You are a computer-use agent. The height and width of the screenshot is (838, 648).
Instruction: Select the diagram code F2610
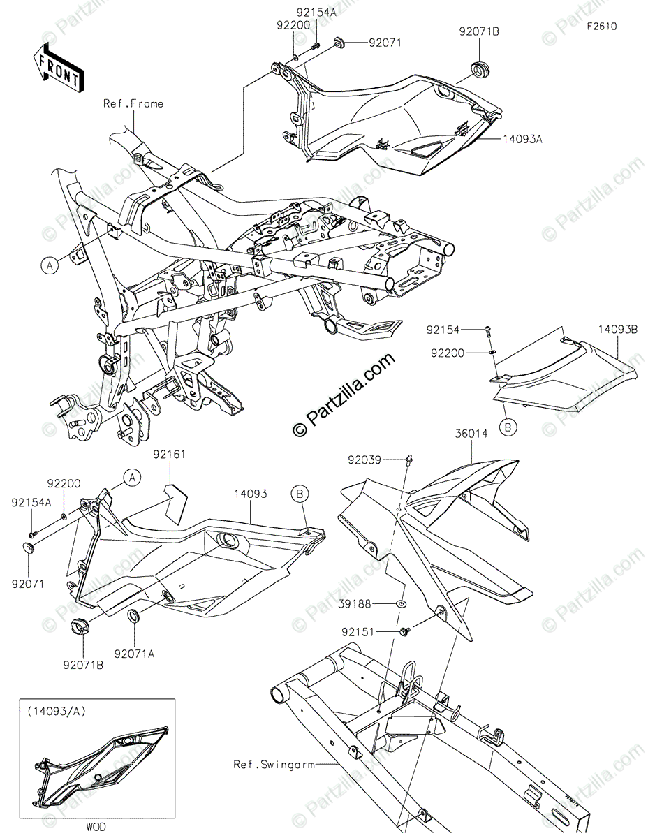(601, 27)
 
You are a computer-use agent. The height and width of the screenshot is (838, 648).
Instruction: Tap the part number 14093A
(522, 139)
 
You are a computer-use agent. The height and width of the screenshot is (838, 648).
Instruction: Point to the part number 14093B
(617, 327)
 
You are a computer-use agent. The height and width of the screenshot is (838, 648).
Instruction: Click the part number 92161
(170, 454)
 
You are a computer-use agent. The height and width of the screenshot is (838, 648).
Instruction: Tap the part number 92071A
(134, 654)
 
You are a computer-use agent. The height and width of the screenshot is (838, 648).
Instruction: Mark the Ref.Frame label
(133, 104)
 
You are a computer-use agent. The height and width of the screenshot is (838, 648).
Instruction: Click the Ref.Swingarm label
(273, 764)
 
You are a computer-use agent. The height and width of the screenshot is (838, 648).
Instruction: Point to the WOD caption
(96, 828)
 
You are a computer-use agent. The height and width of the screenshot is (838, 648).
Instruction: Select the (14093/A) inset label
(53, 712)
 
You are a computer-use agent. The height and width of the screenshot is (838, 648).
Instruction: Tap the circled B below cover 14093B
(508, 426)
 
